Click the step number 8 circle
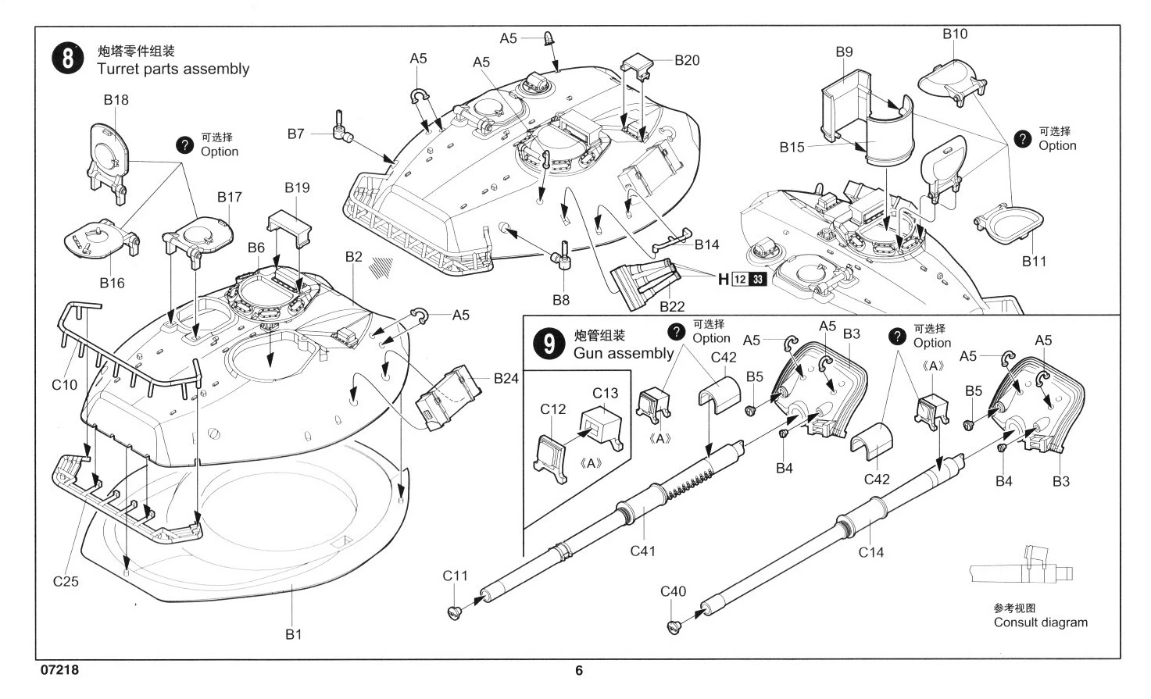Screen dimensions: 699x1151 (x=68, y=59)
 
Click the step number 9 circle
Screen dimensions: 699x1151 (x=549, y=344)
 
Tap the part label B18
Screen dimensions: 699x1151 (x=116, y=100)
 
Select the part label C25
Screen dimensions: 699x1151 (x=66, y=581)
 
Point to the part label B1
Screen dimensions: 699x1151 (x=293, y=634)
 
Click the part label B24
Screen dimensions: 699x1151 (x=506, y=379)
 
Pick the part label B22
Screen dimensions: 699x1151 (x=672, y=306)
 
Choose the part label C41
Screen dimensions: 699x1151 (x=642, y=551)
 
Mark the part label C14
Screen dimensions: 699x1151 (x=870, y=552)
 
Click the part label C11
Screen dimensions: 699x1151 (x=455, y=576)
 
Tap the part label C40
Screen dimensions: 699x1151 (x=673, y=591)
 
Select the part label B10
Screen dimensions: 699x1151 (x=954, y=34)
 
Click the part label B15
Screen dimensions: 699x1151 (x=792, y=147)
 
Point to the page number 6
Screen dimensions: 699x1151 (x=578, y=670)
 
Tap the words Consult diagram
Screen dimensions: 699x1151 (x=1040, y=622)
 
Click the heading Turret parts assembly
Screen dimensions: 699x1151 (x=173, y=69)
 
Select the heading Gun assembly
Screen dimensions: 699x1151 (x=623, y=353)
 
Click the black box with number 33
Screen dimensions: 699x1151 (x=757, y=280)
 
